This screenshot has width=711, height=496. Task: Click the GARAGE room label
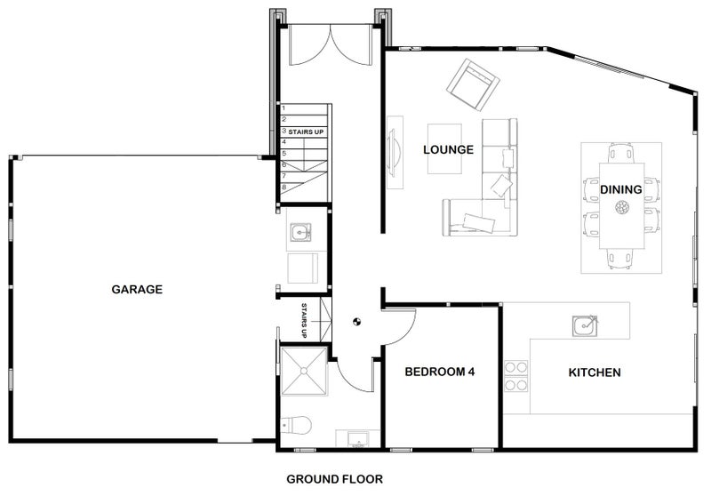(137, 289)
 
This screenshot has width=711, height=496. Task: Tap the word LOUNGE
(448, 149)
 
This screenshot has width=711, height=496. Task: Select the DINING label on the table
(621, 189)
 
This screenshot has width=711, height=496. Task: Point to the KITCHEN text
(595, 372)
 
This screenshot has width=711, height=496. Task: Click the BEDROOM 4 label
(440, 372)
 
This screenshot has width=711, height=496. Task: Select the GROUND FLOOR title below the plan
(334, 479)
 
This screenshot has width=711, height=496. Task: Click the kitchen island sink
(585, 325)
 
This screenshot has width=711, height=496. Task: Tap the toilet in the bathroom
(295, 427)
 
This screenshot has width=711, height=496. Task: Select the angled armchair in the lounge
(472, 83)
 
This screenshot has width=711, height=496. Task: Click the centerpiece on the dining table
(621, 209)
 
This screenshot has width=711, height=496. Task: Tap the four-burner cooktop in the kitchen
(516, 376)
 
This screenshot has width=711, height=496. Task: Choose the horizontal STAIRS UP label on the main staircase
(306, 132)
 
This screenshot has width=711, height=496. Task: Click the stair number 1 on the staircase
(284, 108)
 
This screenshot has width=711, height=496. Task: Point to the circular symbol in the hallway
(356, 323)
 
